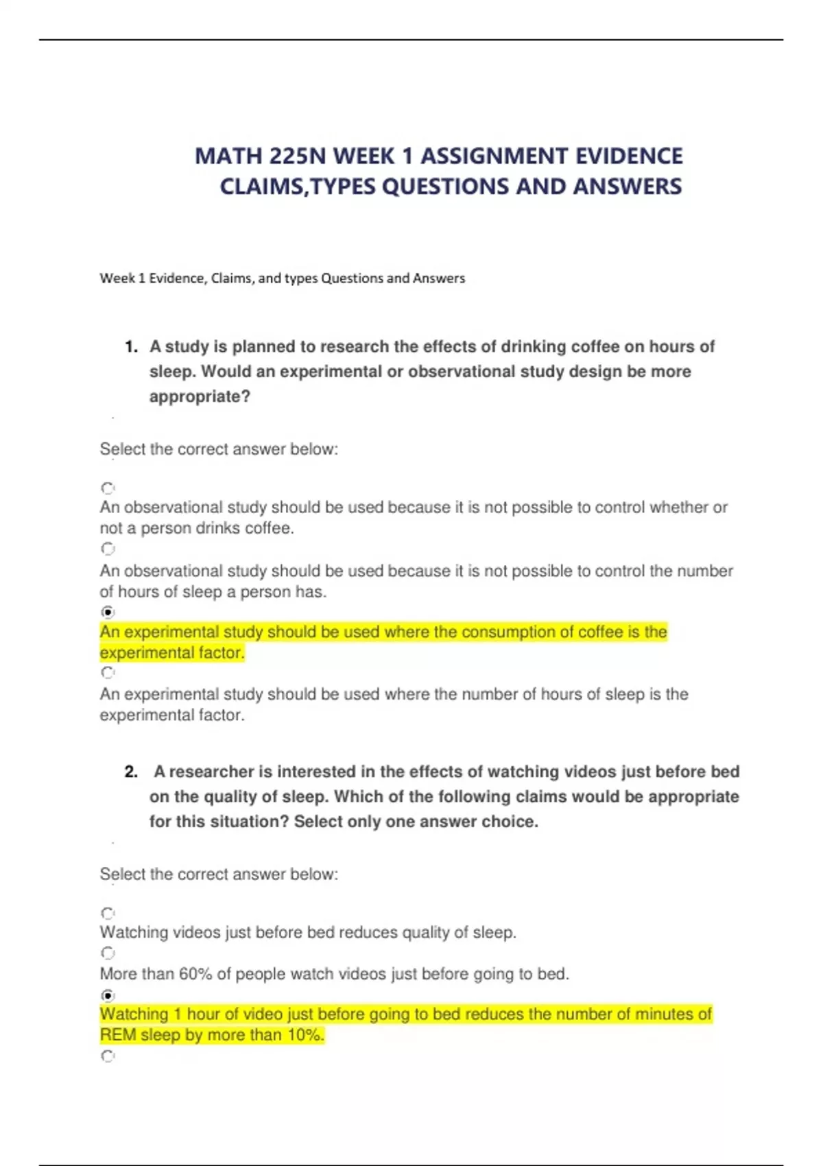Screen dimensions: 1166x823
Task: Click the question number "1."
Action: [x=132, y=347]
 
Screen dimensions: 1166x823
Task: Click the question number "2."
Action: [x=132, y=772]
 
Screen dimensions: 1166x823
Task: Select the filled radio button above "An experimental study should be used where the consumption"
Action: [x=108, y=612]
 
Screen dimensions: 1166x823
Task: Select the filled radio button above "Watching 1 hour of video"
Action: [x=108, y=995]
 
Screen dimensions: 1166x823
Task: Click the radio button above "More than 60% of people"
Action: [x=108, y=953]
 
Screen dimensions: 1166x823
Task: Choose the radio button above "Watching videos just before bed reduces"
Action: [x=108, y=914]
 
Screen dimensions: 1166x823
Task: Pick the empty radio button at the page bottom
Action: [x=108, y=1056]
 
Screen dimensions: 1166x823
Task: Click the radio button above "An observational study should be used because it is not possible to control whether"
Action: [x=108, y=488]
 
